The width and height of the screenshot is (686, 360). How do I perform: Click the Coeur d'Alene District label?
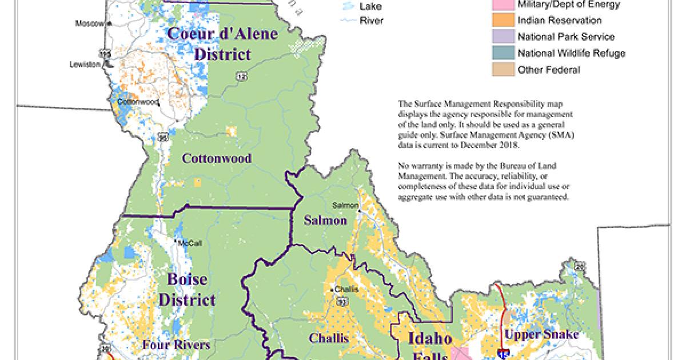click(x=222, y=45)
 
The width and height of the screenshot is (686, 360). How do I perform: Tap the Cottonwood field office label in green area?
click(x=216, y=158)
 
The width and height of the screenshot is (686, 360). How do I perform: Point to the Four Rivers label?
click(x=176, y=345)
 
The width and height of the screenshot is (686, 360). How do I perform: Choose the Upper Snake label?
click(x=542, y=334)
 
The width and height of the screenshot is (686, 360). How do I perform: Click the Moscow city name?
click(x=89, y=23)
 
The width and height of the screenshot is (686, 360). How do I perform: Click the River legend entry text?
click(x=371, y=21)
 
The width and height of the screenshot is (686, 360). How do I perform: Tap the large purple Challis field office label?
click(x=329, y=338)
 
